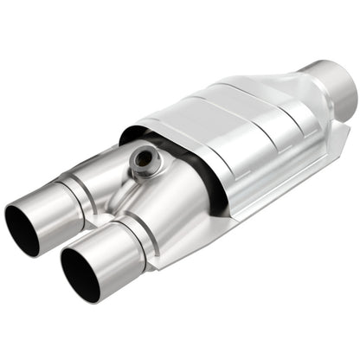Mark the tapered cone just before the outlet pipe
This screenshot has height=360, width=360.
click(x=295, y=105)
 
